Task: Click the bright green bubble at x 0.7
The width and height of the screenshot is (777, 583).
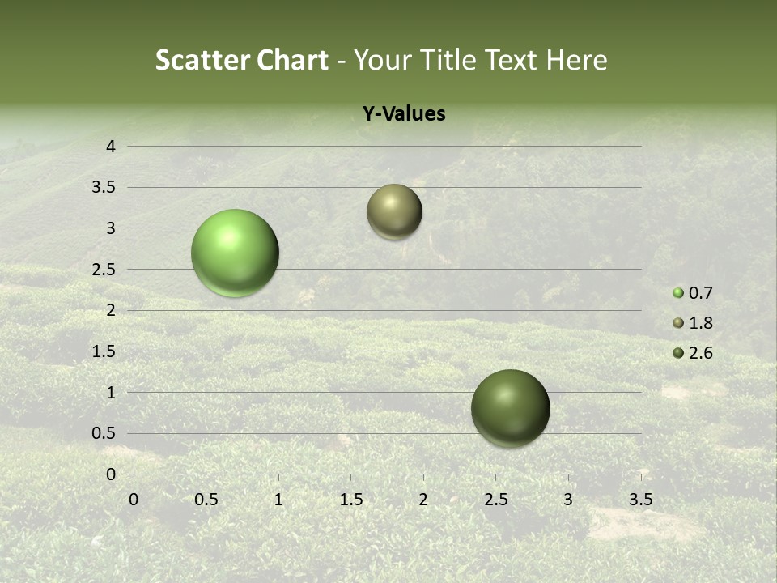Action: tap(235, 253)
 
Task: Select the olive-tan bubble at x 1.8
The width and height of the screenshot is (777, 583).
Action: tap(394, 211)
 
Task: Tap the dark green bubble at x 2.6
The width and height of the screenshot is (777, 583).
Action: tap(510, 408)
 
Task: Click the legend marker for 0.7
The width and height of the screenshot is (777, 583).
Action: tap(678, 293)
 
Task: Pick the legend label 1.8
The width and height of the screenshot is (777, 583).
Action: tap(700, 323)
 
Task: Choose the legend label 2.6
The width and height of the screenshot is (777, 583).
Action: tap(700, 353)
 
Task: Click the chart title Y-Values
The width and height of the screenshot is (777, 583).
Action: tap(404, 114)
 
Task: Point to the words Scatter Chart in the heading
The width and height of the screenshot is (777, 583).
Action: tap(241, 60)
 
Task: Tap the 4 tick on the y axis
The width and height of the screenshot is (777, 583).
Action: tap(112, 147)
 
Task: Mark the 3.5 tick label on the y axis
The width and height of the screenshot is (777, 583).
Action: tap(104, 188)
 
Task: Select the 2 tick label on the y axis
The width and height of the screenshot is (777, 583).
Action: tap(112, 310)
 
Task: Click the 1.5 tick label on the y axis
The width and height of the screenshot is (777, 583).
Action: tap(104, 351)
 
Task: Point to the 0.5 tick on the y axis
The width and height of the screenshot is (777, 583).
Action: tap(104, 433)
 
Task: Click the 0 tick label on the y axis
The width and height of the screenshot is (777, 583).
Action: tap(112, 474)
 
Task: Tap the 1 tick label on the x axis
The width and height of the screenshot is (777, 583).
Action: tap(278, 500)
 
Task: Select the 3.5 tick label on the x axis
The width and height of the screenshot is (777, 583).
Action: tap(640, 500)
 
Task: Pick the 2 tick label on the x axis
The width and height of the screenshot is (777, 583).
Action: tap(423, 500)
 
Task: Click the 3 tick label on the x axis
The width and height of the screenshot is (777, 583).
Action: tap(568, 500)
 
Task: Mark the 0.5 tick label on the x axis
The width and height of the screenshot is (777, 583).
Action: tap(206, 500)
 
